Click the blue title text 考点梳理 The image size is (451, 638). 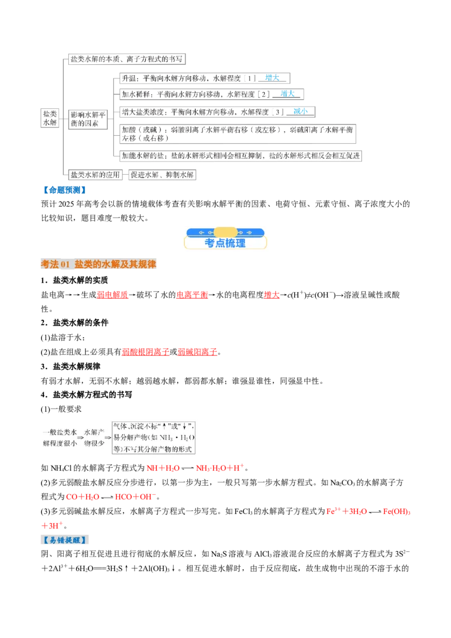point(225,243)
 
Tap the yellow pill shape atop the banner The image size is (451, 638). point(225,232)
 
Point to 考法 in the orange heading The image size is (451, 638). point(50,265)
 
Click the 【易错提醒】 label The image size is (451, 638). point(65,539)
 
